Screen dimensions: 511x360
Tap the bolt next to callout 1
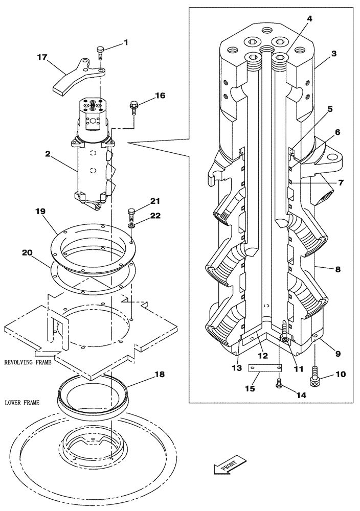101,52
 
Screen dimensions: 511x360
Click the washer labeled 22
131,225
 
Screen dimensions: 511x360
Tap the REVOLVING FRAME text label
28,362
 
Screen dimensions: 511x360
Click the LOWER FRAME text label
21,403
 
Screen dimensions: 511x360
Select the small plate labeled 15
265,368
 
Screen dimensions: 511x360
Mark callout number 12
262,356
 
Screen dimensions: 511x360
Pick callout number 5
330,109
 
